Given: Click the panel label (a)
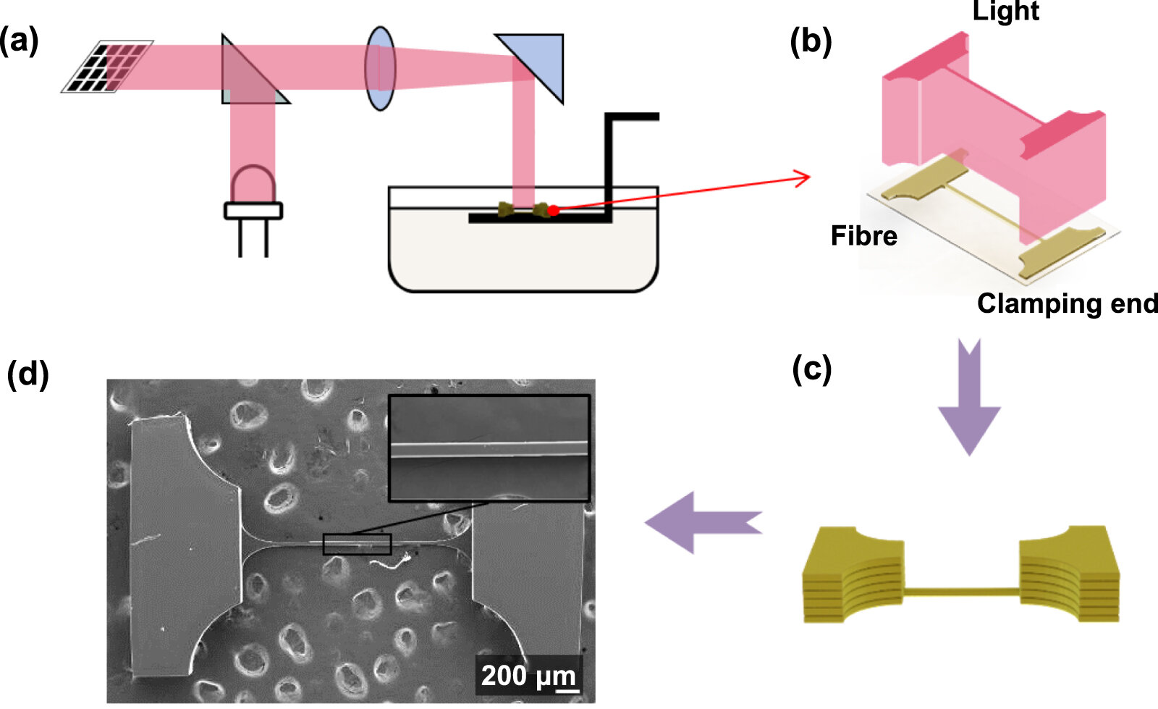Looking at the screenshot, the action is (x=19, y=41).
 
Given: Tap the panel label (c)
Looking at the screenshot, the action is (x=811, y=369).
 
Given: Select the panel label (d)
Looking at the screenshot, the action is (x=28, y=373).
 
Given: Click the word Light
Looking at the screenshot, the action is (x=1005, y=11).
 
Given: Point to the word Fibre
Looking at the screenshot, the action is (x=864, y=236).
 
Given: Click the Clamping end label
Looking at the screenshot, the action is (x=1067, y=303).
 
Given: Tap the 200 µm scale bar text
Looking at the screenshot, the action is (x=528, y=676).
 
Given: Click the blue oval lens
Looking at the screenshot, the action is (x=381, y=68).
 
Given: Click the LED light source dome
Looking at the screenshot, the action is (x=253, y=183).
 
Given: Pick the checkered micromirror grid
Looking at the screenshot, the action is (x=107, y=67).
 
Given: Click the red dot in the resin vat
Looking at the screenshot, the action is (x=554, y=211).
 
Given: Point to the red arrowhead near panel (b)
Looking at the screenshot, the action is (x=803, y=178).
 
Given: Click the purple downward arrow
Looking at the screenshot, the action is (x=969, y=397).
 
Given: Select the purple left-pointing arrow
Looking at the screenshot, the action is (x=703, y=522).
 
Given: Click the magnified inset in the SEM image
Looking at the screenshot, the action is (x=489, y=448).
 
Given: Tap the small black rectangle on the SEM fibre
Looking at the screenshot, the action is (x=358, y=544).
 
